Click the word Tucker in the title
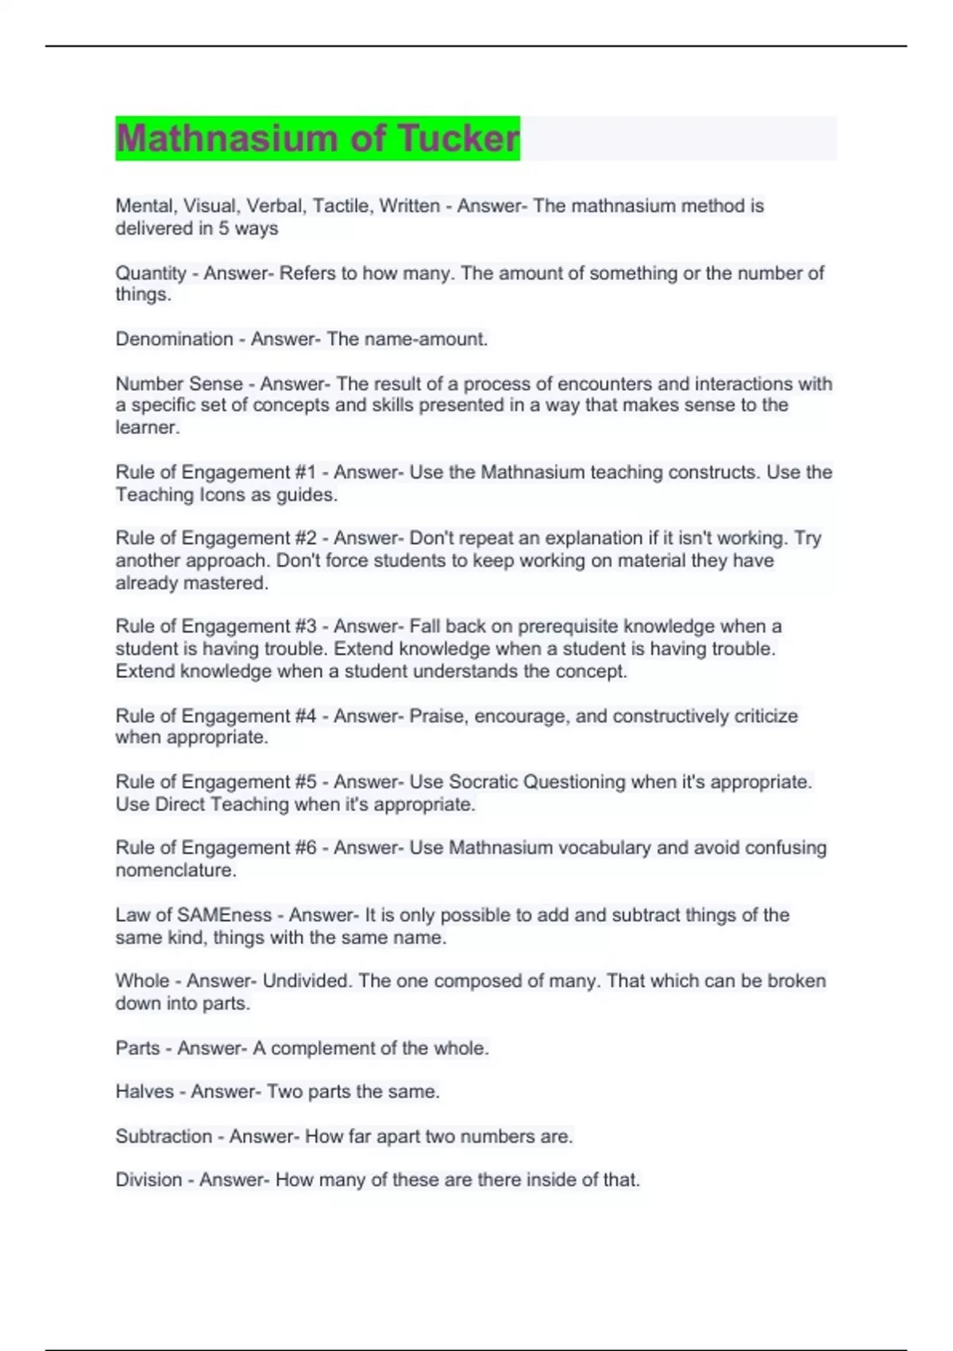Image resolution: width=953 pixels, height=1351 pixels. (458, 138)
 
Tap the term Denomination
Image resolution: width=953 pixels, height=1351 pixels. (174, 339)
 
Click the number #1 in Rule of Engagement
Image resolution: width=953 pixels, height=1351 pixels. (306, 472)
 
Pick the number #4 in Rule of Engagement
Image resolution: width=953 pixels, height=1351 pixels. (306, 716)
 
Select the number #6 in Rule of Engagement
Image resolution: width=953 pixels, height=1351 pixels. (306, 848)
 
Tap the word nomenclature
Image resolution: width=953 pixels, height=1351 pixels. (175, 870)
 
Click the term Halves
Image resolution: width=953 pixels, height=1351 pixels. (145, 1092)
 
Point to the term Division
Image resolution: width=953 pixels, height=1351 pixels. (149, 1180)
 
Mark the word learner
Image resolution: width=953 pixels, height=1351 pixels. (147, 428)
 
